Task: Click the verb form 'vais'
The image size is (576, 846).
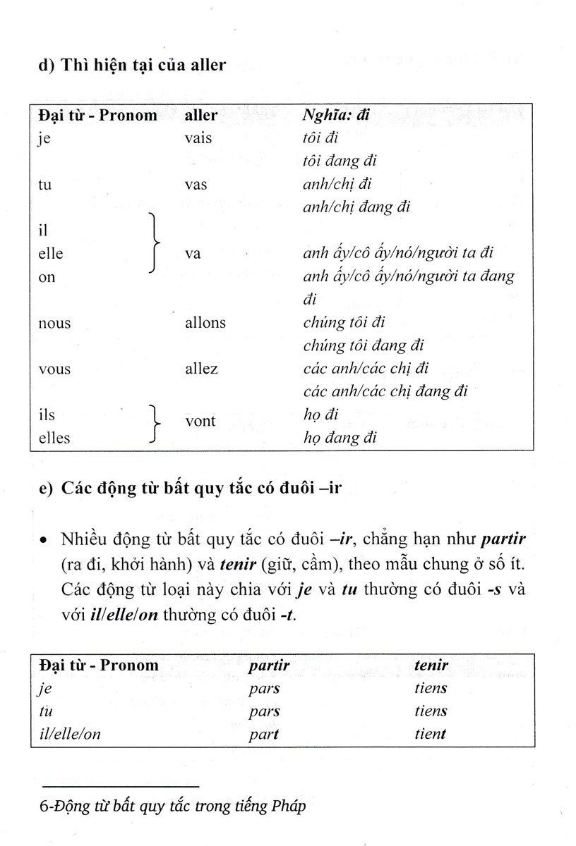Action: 198,138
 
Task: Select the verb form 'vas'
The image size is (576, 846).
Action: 196,184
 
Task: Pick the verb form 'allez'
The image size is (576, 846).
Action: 201,368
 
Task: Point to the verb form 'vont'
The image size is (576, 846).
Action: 200,421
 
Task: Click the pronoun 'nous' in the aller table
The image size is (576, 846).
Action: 54,323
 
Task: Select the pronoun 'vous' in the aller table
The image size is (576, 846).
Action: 54,369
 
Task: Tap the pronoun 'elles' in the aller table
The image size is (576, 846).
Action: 54,438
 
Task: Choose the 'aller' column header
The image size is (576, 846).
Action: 200,115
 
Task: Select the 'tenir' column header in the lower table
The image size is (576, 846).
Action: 431,665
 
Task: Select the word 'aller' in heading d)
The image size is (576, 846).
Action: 205,66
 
